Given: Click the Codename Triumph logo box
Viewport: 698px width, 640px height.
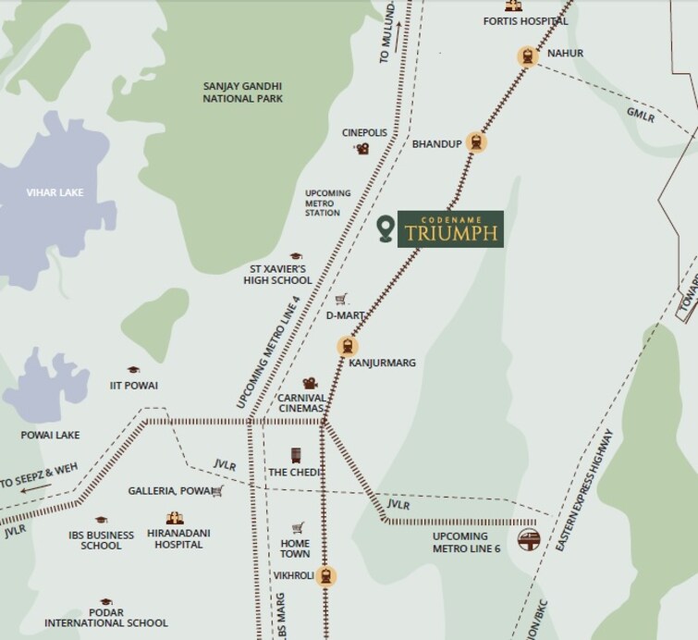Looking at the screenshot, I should coord(450,228).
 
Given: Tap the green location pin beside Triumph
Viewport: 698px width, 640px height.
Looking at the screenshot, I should coord(386,228).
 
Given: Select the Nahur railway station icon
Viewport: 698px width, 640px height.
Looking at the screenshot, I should coord(527,56).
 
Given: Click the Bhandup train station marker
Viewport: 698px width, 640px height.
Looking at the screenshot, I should coord(476,142).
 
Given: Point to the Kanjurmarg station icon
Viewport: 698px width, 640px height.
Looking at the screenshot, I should coord(347,347).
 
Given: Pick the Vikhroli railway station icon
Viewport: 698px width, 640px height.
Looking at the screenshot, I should coord(325,575).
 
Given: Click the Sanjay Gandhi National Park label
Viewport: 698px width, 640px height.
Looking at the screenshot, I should coord(243,92).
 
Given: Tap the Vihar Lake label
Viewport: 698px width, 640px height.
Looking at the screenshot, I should coord(55,192).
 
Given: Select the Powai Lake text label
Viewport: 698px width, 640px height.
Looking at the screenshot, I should coord(50,435).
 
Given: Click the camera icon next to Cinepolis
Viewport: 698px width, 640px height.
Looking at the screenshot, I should coord(363,148).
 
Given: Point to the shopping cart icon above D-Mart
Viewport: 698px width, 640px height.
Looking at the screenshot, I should coord(341,299).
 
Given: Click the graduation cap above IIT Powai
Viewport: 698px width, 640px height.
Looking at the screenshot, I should coord(133,370).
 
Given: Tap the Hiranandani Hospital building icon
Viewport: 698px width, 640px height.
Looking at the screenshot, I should coord(174,518).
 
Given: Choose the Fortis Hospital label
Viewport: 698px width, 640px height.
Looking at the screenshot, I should coord(525,20).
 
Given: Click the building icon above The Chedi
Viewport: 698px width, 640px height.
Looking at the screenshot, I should coord(296,456).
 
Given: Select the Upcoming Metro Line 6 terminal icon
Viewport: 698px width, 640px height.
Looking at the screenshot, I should coord(528,538).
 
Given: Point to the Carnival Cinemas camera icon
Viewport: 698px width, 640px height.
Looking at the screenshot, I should coord(310,383).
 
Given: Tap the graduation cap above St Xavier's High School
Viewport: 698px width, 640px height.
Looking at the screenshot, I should coord(296,256).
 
